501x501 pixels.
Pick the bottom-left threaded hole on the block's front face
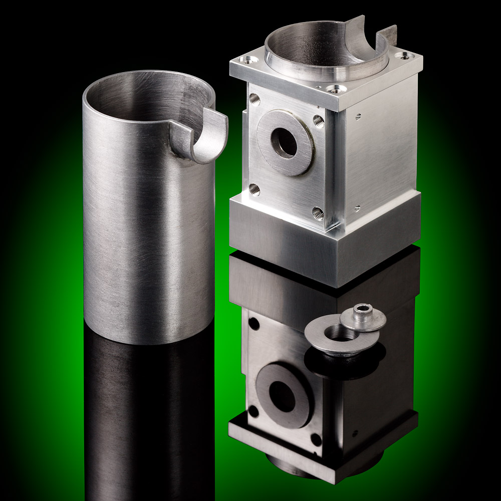(x=254, y=189)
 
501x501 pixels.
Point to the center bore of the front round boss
(x=284, y=143)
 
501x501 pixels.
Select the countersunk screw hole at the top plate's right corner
(x=403, y=56)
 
